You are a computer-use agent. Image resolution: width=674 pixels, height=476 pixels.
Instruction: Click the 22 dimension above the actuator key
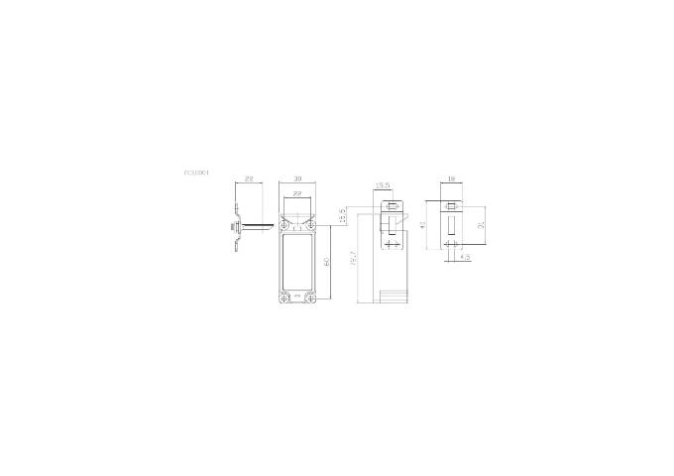[249, 178]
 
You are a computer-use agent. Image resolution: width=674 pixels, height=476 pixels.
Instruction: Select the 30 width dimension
[298, 178]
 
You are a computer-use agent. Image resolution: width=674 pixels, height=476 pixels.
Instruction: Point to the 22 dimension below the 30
[298, 193]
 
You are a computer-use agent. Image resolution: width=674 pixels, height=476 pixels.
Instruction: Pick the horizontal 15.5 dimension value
[382, 185]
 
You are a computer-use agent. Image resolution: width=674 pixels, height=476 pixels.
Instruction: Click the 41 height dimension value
[424, 227]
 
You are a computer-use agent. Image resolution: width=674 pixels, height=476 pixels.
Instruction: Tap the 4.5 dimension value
[465, 257]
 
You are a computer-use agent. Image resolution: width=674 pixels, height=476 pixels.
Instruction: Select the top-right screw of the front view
[312, 227]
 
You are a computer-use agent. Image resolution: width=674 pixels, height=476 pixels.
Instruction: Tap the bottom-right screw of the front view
[312, 298]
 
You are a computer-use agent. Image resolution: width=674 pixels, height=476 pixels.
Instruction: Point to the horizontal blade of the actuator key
[256, 228]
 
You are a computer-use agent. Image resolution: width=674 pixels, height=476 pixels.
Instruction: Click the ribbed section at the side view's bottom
[393, 297]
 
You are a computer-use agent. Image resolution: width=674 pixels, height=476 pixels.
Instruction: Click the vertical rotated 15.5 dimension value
[342, 215]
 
